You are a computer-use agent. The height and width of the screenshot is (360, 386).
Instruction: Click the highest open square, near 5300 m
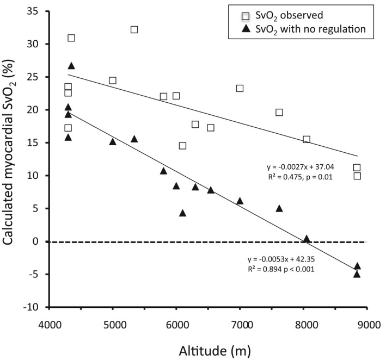[134, 29]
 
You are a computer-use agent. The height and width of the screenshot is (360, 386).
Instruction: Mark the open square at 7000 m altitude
[240, 88]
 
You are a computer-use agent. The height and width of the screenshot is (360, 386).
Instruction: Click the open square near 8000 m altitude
[307, 140]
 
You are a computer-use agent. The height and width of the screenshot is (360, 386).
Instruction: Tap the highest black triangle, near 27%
[71, 66]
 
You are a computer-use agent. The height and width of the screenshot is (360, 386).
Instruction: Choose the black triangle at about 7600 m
[279, 208]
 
